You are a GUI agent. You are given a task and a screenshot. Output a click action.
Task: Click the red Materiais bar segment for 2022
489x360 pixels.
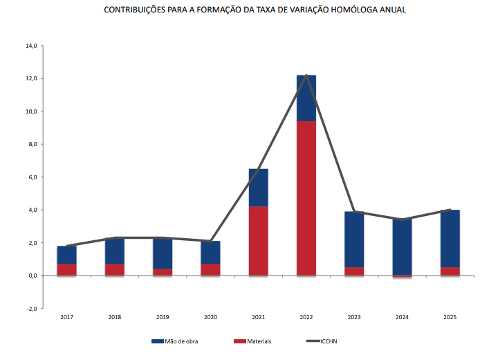(306, 198)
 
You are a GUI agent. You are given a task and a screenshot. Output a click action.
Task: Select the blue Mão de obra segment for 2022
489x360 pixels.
(306, 98)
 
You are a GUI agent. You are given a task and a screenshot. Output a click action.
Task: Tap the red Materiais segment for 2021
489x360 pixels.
(259, 240)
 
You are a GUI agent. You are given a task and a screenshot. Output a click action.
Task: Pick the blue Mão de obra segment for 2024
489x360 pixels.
(402, 246)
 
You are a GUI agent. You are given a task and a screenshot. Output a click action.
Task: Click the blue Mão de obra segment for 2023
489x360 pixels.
(354, 239)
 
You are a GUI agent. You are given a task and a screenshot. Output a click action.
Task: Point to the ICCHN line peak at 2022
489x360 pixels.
(306, 75)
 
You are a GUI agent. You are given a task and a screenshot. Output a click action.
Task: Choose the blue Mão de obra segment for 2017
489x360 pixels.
(67, 255)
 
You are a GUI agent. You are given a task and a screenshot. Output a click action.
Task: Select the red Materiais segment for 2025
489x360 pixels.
(450, 271)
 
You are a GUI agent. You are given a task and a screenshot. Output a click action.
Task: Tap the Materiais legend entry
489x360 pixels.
(255, 341)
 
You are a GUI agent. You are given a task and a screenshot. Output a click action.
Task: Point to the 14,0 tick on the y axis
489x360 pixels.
(30, 46)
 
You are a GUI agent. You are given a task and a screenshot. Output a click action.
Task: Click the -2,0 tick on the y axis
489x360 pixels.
(30, 309)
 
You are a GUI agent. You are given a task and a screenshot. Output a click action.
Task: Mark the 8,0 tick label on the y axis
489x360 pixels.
(31, 144)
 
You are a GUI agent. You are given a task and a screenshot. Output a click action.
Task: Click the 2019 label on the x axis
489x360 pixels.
(163, 317)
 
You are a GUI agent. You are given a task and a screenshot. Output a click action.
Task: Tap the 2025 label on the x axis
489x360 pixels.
(450, 317)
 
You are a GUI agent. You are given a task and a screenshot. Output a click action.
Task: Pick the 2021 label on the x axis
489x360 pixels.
(259, 317)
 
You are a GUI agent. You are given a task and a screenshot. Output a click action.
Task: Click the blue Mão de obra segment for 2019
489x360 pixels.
(163, 253)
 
